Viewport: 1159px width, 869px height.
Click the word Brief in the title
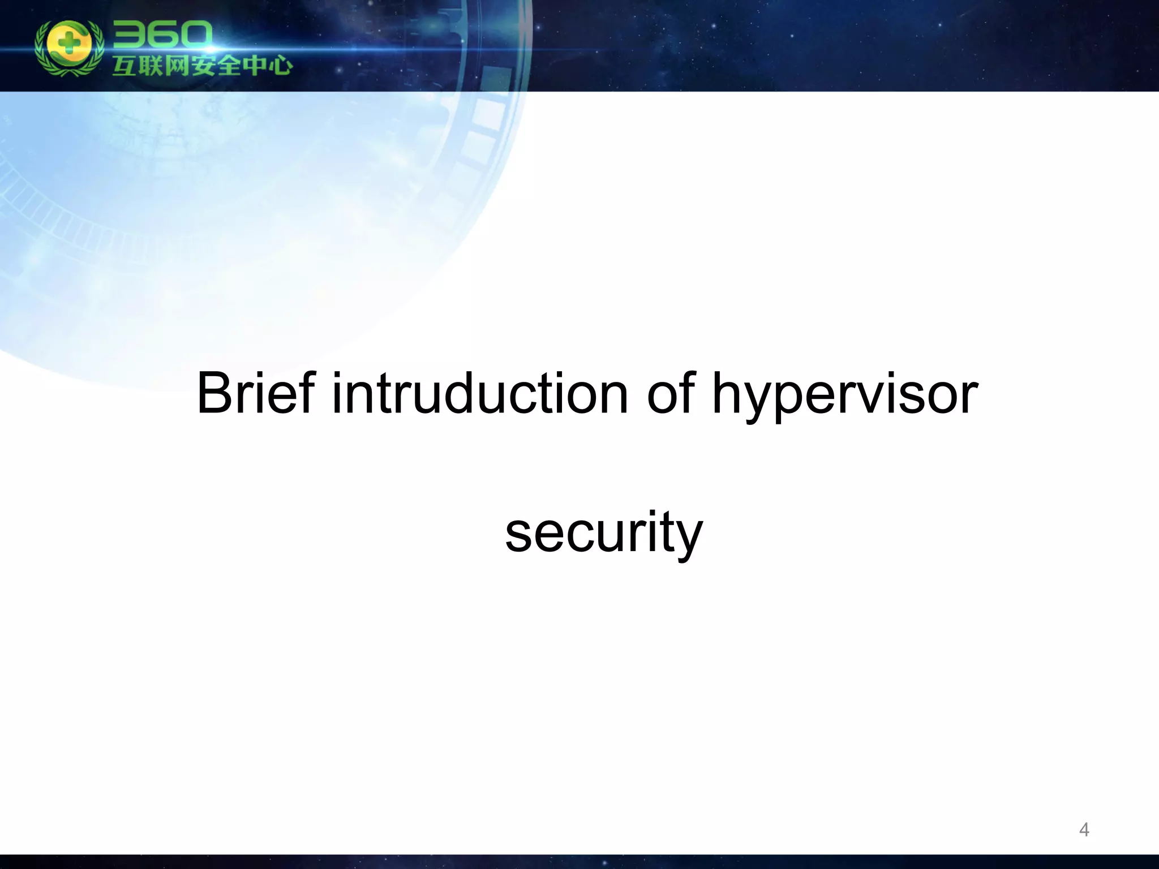255,393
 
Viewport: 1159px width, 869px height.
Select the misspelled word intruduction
479,393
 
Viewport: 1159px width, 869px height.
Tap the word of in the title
671,393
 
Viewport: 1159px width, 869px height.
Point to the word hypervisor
844,396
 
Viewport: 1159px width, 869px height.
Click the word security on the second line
603,532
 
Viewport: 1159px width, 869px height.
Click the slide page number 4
1084,829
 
